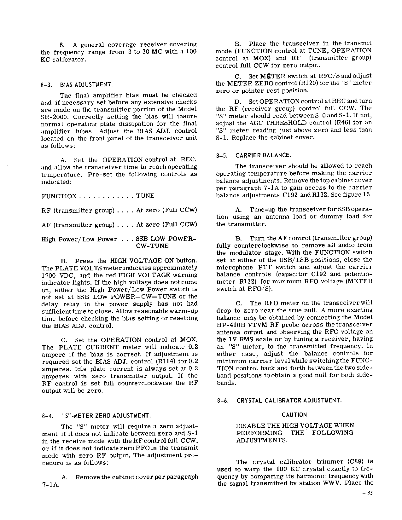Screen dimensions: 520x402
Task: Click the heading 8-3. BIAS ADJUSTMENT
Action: click(x=77, y=85)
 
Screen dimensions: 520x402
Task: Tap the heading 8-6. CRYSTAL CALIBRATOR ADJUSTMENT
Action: click(x=279, y=401)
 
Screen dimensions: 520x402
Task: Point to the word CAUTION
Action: click(x=294, y=415)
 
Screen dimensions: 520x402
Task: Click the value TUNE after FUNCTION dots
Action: click(x=145, y=196)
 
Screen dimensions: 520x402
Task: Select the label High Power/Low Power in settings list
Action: click(x=79, y=240)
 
